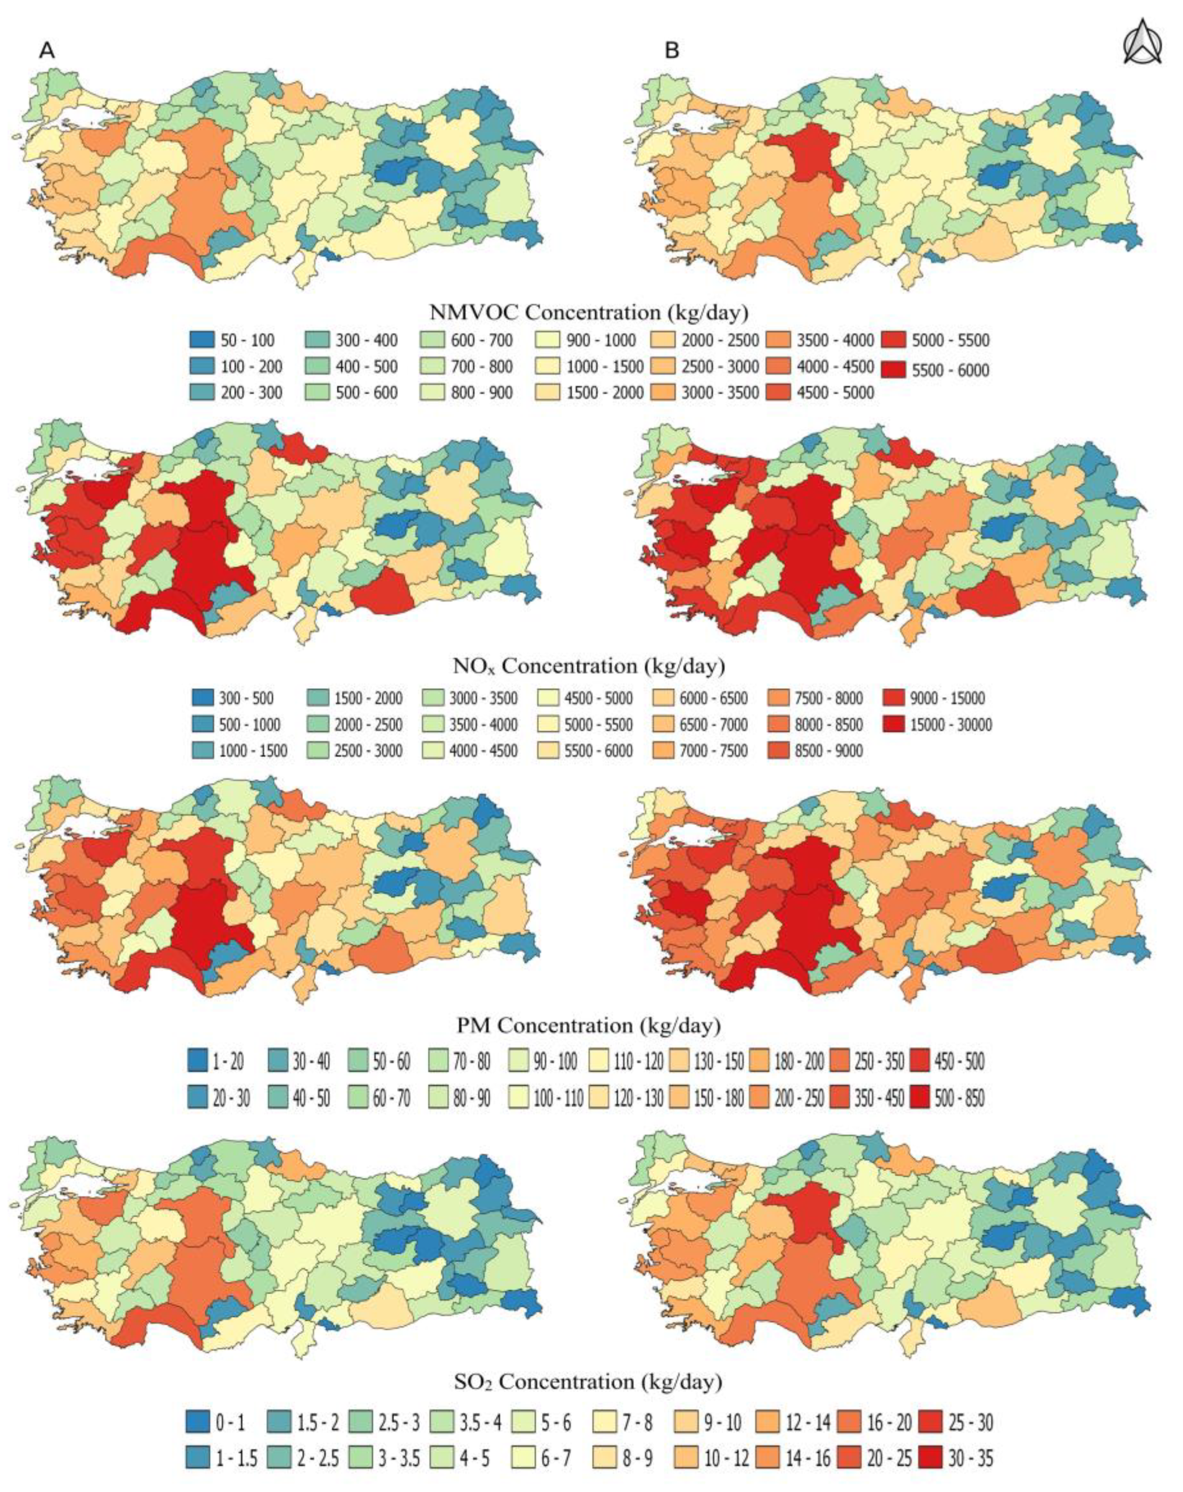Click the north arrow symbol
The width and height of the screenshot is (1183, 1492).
point(1142,42)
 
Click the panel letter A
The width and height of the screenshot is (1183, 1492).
point(47,50)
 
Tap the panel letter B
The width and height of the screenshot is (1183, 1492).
point(672,50)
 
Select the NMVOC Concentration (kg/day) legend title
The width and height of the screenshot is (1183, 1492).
point(589,313)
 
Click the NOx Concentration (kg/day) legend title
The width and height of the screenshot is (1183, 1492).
point(589,666)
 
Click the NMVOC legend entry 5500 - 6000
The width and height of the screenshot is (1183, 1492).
point(937,370)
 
